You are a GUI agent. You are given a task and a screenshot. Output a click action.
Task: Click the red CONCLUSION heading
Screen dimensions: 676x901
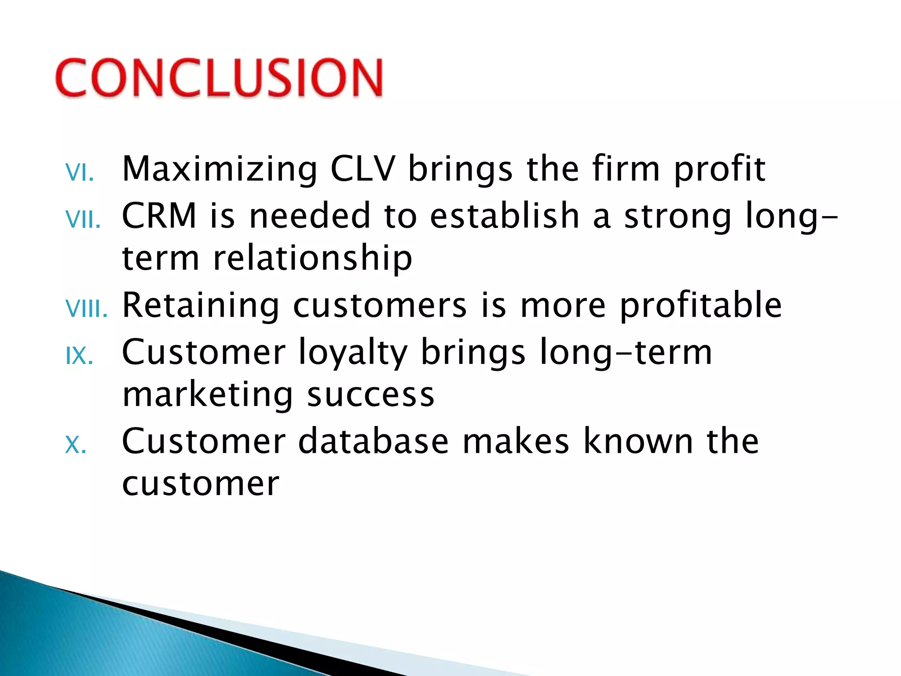tap(219, 78)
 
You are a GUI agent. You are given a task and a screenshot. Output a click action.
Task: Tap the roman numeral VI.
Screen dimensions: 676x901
tap(80, 173)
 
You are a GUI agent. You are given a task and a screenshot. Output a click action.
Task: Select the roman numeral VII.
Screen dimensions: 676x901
tap(83, 219)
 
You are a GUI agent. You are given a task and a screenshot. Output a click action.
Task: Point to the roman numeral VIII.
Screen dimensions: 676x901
tap(86, 309)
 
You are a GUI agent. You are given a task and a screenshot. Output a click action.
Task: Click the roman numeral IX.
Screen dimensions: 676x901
tap(80, 356)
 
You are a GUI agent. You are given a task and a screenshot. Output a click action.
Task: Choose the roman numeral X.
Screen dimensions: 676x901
tap(76, 445)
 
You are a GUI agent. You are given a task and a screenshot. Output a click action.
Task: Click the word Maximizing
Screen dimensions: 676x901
tap(220, 169)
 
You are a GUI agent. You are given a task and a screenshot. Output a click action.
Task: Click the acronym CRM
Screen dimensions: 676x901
tap(159, 216)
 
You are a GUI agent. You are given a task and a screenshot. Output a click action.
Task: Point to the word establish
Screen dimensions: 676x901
tap(504, 216)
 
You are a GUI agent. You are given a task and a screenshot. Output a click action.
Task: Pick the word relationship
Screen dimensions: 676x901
tap(312, 259)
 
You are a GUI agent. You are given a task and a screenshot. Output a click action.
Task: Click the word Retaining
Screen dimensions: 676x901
tap(201, 306)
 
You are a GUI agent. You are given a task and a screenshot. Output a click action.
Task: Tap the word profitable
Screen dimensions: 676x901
tap(701, 306)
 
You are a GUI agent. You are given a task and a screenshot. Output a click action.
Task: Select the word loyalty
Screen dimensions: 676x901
tap(353, 353)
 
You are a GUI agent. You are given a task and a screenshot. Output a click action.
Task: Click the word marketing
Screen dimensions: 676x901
tap(207, 395)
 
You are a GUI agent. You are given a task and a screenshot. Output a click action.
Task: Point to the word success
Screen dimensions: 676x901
tap(370, 395)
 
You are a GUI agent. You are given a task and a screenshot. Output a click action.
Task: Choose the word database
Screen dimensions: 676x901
tap(373, 441)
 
